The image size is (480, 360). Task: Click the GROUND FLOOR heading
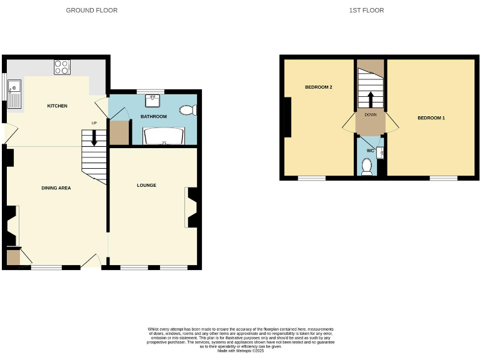[x=91, y=11]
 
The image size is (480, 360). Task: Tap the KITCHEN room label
[x=57, y=106]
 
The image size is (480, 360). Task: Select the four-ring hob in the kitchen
[x=62, y=67]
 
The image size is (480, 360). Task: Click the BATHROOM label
[x=153, y=117]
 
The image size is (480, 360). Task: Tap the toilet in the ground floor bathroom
[x=187, y=111]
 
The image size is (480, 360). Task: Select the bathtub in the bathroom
[x=164, y=136]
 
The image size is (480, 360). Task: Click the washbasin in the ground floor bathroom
[x=153, y=99]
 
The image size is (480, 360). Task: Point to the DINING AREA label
[x=56, y=187]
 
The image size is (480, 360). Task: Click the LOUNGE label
[x=147, y=186]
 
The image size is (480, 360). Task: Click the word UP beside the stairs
[x=94, y=122]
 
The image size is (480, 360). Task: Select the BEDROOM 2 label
[x=318, y=87]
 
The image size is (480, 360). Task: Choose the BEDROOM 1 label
[x=431, y=118]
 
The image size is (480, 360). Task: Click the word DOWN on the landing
[x=370, y=114]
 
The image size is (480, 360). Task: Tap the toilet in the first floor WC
[x=367, y=166]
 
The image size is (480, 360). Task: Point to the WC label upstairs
[x=370, y=151]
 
